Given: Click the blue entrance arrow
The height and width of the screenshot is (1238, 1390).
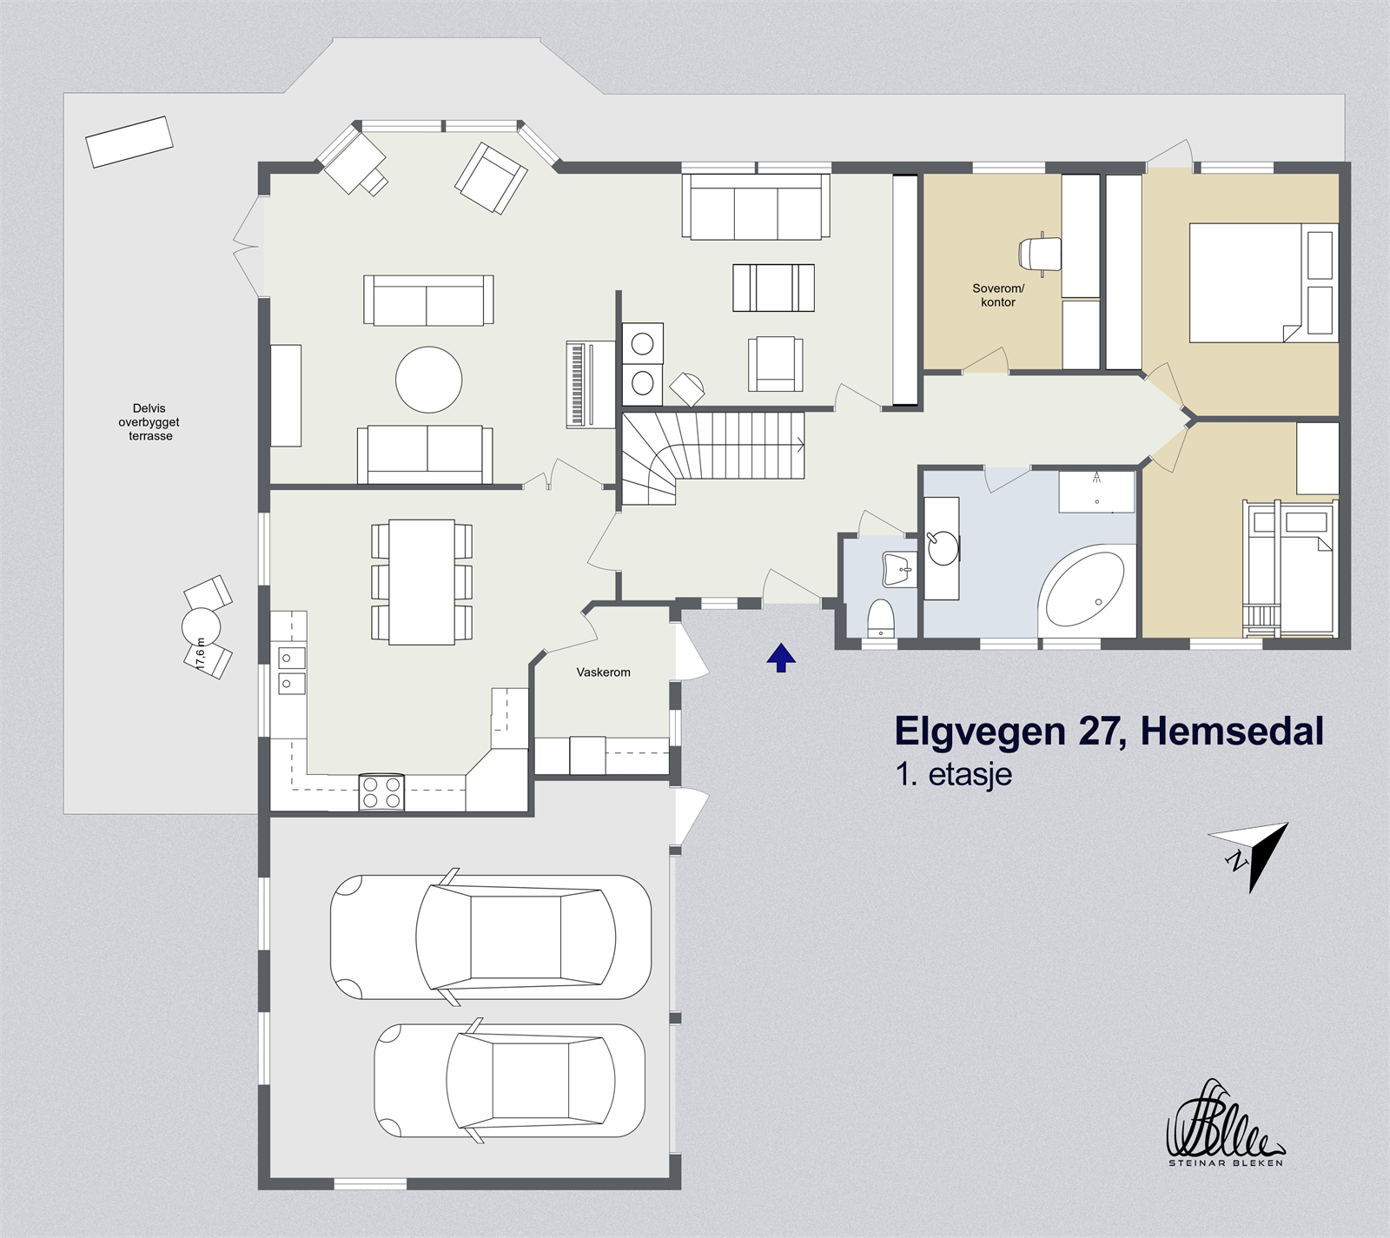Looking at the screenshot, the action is pyautogui.click(x=781, y=658).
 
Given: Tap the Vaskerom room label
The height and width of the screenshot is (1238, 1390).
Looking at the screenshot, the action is pyautogui.click(x=603, y=672).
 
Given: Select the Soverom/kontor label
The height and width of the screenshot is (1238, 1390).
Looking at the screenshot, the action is pyautogui.click(x=998, y=295).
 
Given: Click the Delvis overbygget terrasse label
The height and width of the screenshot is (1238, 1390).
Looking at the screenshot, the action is pyautogui.click(x=149, y=422).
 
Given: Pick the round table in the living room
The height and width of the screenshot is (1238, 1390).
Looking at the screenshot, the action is pyautogui.click(x=429, y=380).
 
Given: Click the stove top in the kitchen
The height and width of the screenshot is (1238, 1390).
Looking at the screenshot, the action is pyautogui.click(x=381, y=792).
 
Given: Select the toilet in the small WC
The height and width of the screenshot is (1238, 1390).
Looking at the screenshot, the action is pyautogui.click(x=881, y=619).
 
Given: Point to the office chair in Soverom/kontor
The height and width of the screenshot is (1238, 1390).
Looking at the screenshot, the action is pyautogui.click(x=1040, y=254).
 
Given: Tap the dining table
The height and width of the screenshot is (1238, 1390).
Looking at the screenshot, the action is pyautogui.click(x=422, y=581).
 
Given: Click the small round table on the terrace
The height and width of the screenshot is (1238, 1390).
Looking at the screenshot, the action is pyautogui.click(x=201, y=626).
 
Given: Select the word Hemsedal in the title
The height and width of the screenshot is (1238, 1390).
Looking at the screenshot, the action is pyautogui.click(x=1232, y=732).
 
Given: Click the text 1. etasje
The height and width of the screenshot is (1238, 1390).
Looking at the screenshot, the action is pyautogui.click(x=954, y=774).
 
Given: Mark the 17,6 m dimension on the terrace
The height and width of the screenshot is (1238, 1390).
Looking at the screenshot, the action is pyautogui.click(x=201, y=652).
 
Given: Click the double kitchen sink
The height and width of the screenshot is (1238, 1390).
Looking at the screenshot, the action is pyautogui.click(x=291, y=671).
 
